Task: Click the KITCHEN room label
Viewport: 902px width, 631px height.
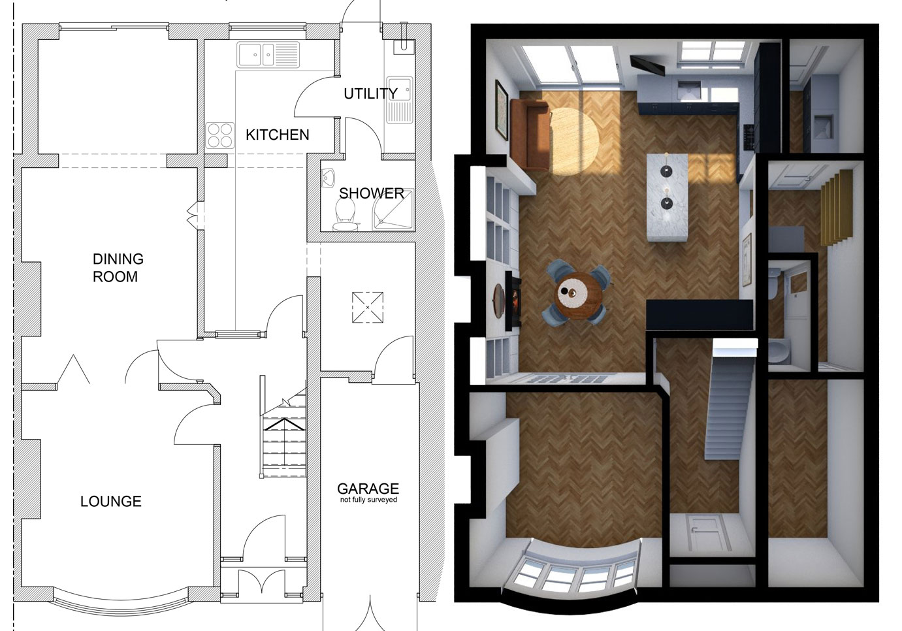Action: (x=277, y=135)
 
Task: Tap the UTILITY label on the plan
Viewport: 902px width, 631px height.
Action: (x=370, y=93)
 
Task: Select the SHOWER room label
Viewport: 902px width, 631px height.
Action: (x=371, y=193)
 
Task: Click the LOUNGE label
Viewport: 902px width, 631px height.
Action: (x=110, y=502)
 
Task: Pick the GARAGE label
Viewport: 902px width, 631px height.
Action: (x=368, y=488)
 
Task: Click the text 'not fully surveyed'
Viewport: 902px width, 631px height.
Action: (x=368, y=500)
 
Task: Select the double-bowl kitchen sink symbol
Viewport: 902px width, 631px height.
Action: (x=268, y=55)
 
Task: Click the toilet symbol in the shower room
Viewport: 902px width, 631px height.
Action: (x=344, y=213)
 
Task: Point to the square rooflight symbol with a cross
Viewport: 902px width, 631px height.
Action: (x=368, y=307)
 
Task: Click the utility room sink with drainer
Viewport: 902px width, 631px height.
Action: (x=398, y=98)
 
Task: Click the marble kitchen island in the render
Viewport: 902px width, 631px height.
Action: (x=666, y=195)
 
